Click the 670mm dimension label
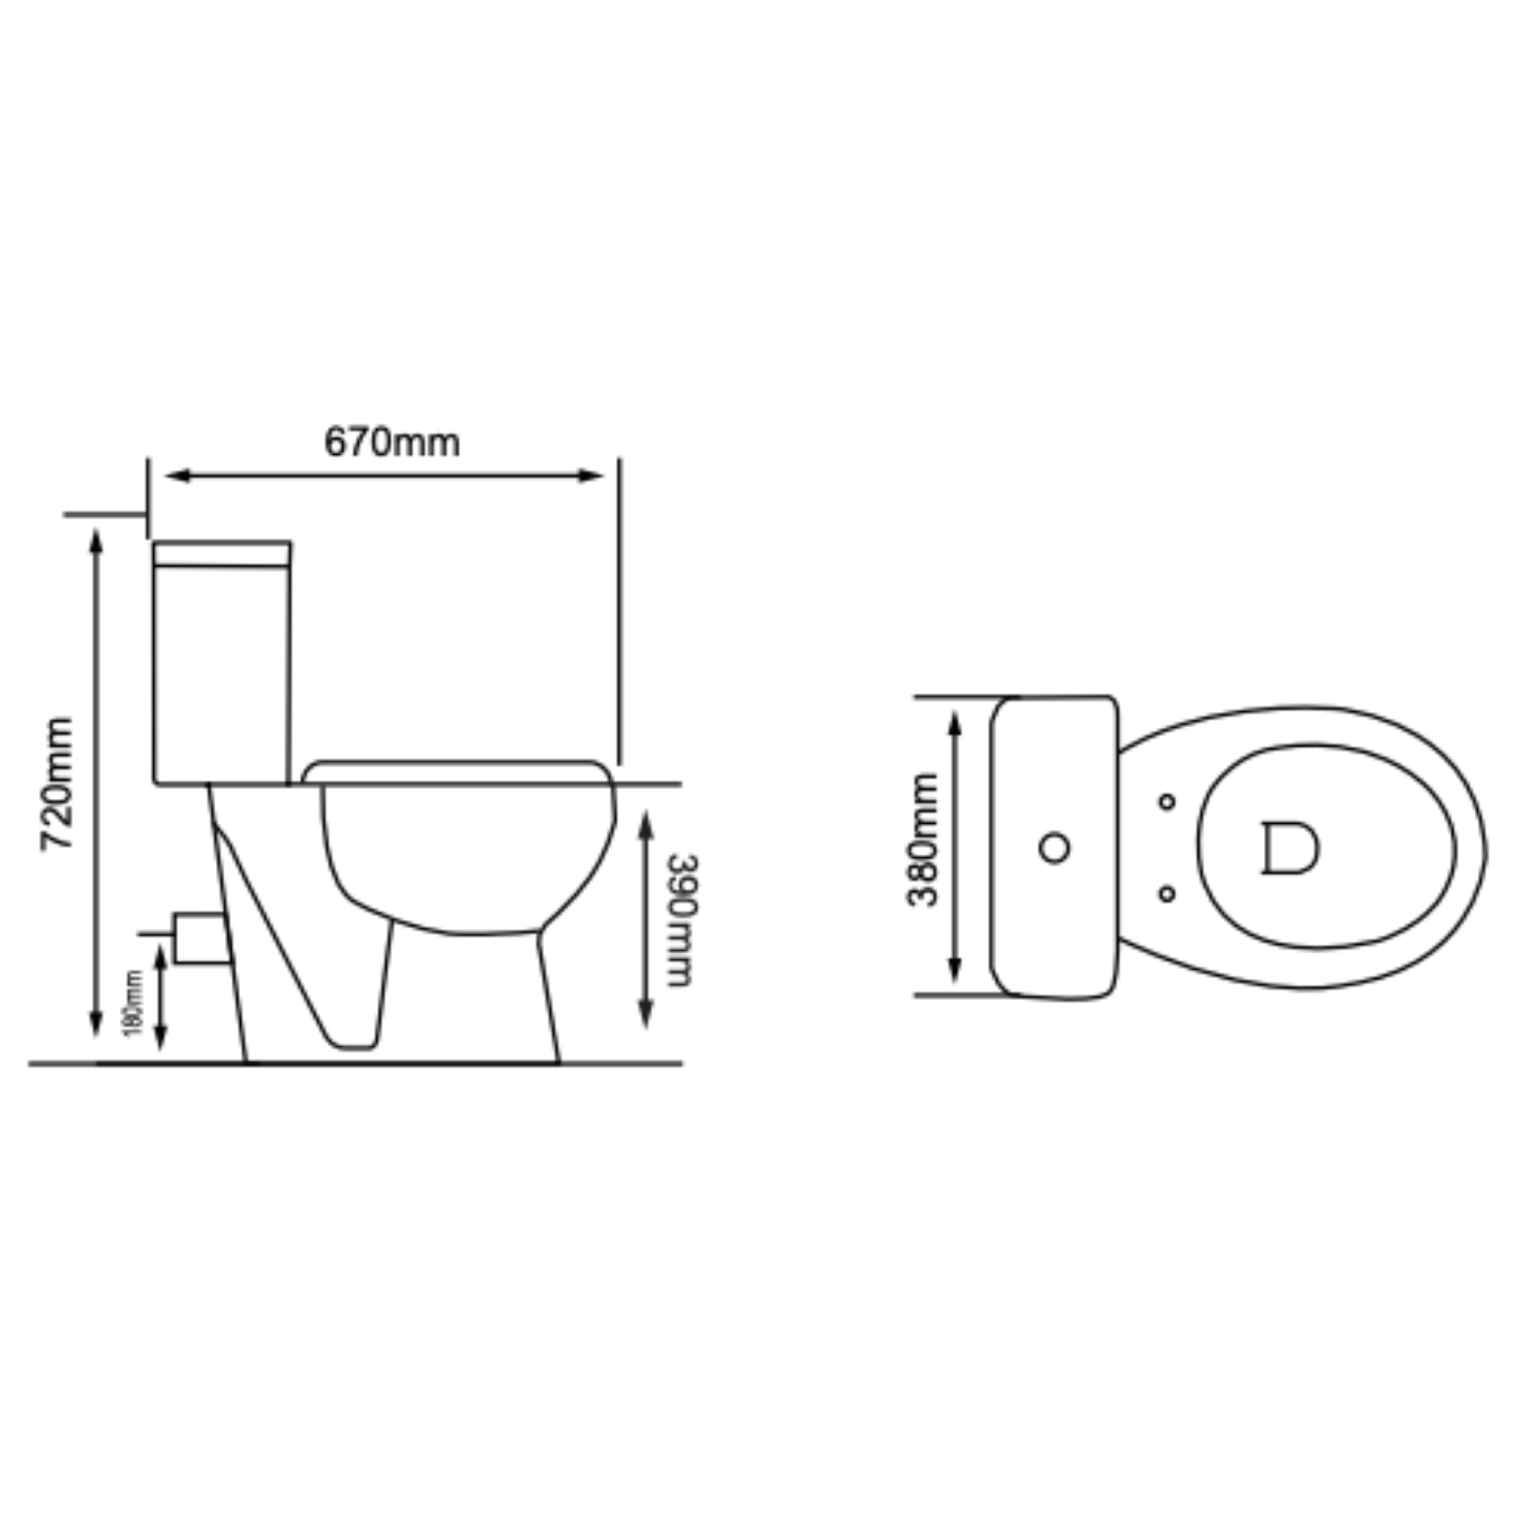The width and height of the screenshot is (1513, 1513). (x=391, y=443)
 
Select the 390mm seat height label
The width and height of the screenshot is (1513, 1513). (x=682, y=920)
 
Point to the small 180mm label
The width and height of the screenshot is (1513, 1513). (x=134, y=1003)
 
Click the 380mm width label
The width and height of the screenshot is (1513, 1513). (x=923, y=840)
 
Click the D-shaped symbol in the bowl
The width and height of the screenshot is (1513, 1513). (x=1290, y=848)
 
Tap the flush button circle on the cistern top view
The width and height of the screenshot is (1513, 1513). (x=1054, y=847)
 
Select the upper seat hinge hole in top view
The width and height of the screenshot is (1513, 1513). (x=1167, y=801)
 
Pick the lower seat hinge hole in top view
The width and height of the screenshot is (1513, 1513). (x=1167, y=893)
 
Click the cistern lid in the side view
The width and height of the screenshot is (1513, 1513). (x=222, y=554)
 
